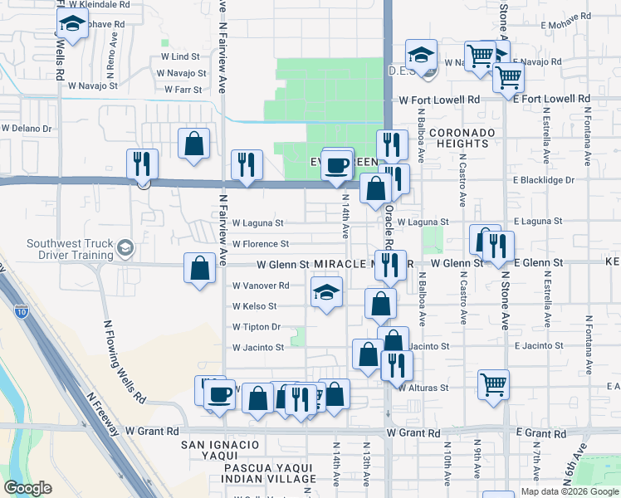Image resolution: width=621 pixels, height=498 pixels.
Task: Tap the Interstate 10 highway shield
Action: point(21,310)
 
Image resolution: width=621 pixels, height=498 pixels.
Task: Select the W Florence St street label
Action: point(260,244)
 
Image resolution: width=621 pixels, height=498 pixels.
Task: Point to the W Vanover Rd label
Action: point(260,286)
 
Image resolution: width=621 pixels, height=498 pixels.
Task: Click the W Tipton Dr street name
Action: point(257,327)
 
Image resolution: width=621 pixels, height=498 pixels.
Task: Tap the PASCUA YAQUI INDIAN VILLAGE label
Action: point(249,472)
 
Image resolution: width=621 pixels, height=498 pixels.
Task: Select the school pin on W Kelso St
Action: point(326,291)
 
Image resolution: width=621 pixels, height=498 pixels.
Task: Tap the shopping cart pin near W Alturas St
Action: point(493,383)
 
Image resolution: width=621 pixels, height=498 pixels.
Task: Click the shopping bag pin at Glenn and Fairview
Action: point(199,267)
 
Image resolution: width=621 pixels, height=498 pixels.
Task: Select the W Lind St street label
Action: point(180,56)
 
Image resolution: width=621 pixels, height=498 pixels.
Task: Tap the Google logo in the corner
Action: point(28,487)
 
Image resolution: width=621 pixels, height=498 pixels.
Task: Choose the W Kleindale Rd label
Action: point(101,4)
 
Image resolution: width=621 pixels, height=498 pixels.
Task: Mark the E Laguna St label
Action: point(538,222)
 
